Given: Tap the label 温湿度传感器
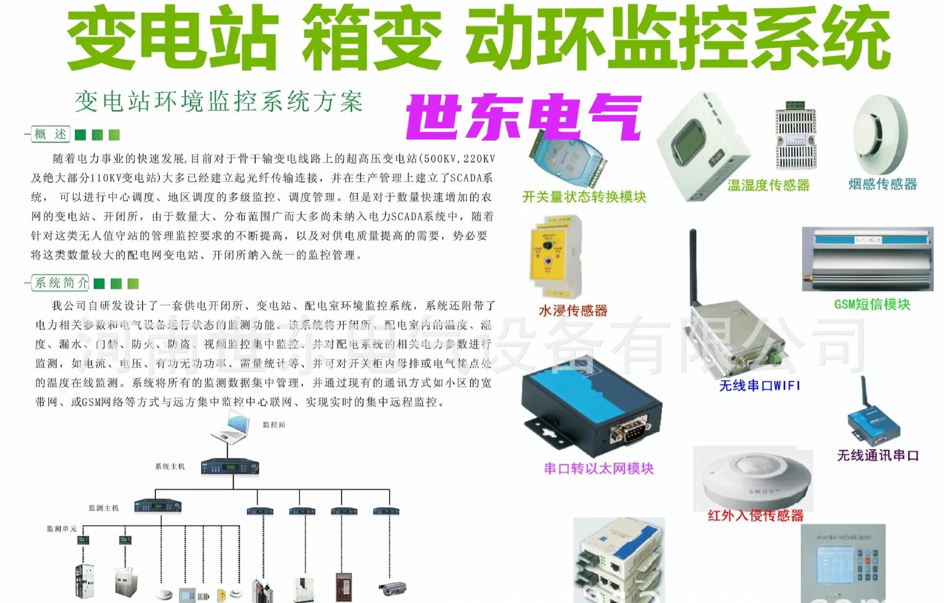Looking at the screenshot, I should point(768,185).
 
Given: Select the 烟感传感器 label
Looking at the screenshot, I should point(883,184).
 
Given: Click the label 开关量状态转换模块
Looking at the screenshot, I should point(584,197).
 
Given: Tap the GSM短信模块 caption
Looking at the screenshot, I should point(872,304).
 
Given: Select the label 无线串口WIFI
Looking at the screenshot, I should point(760,386).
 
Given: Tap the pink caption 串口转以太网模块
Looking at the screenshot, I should point(599,468).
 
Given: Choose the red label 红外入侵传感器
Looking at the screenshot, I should point(755,516).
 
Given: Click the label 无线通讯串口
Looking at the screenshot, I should point(878,456).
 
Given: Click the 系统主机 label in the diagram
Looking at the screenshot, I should point(170,466).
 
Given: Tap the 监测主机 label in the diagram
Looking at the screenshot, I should point(104,508).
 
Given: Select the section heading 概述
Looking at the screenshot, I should point(51,134).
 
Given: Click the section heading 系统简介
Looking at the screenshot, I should point(61,283).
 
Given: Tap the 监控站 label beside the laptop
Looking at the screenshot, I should point(274,425).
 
